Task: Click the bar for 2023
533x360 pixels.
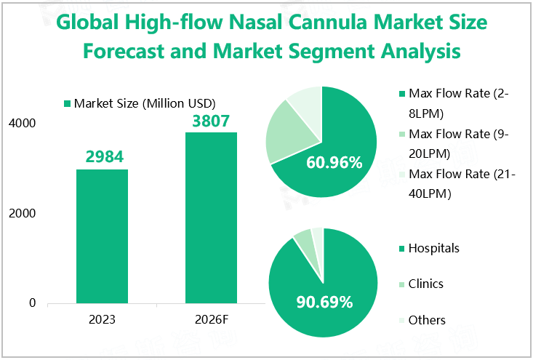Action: [x=102, y=236]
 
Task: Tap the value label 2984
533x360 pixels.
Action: [x=102, y=156]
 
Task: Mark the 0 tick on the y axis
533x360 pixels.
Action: [x=32, y=303]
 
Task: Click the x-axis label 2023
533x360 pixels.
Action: [x=102, y=320]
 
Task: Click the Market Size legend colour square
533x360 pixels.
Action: [x=68, y=104]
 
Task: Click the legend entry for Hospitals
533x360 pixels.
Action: [x=433, y=249]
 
